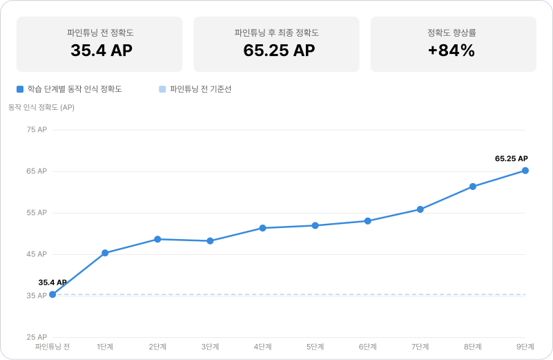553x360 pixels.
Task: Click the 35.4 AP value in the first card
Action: click(x=101, y=50)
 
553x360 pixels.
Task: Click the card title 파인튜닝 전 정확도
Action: click(x=101, y=32)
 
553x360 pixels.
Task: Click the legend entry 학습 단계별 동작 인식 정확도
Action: click(x=74, y=89)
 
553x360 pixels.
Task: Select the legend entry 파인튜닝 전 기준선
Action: click(x=200, y=89)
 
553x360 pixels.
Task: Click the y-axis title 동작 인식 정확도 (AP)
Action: click(x=41, y=108)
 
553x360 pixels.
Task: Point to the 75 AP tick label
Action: click(x=36, y=130)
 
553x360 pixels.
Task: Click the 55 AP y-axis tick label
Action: click(x=36, y=213)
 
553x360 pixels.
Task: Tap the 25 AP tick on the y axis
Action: click(x=36, y=337)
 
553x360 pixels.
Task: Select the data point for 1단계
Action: click(x=105, y=253)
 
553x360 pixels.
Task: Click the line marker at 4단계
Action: click(x=262, y=228)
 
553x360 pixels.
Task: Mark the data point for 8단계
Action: click(x=473, y=187)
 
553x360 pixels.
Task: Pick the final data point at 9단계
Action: click(x=525, y=171)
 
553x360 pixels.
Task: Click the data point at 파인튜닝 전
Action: click(x=52, y=294)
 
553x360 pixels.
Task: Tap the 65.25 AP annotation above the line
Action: click(x=511, y=159)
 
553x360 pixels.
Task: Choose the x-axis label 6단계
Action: click(x=368, y=347)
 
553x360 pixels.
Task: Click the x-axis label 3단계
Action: click(x=210, y=347)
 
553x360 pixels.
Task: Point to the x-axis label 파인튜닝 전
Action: click(x=52, y=347)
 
